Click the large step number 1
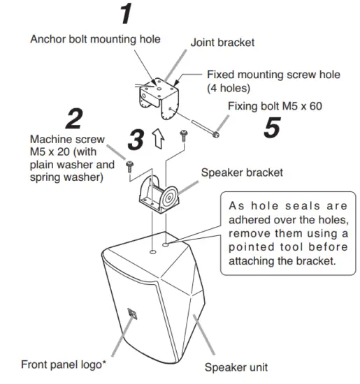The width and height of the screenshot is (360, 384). coord(125,15)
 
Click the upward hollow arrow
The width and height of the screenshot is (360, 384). coord(159,139)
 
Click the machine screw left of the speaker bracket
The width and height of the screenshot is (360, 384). coord(130,165)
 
